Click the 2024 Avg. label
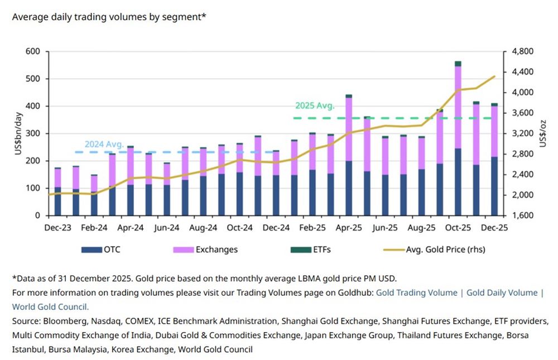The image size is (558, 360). [x=104, y=143]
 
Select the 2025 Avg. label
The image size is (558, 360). [x=314, y=105]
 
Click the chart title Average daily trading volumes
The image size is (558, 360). [x=109, y=17]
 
